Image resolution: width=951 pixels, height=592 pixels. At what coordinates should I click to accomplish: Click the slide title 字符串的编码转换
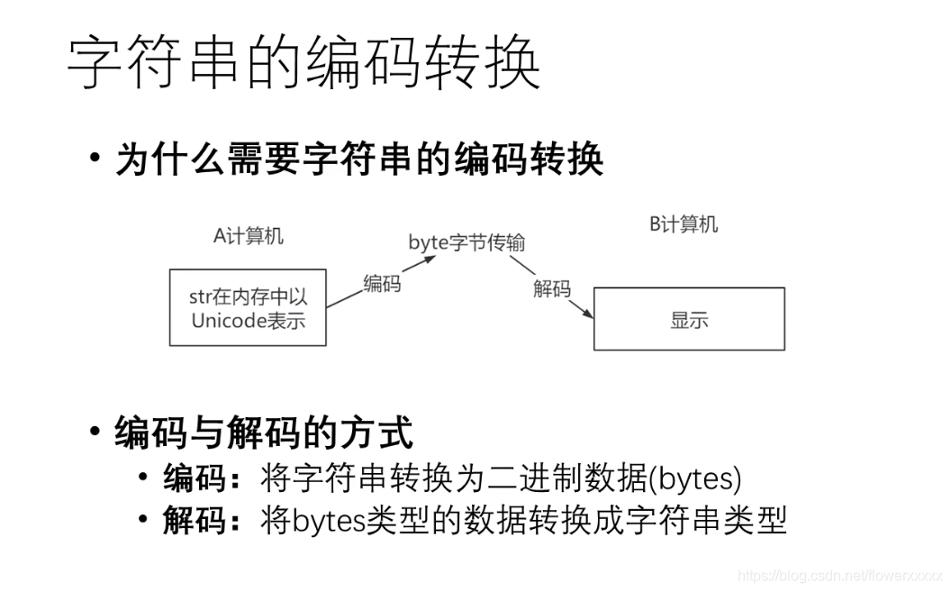point(304,62)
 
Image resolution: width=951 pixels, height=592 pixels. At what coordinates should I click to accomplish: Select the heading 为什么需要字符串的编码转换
point(359,159)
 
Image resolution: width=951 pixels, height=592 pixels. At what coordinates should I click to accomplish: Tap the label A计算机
point(249,236)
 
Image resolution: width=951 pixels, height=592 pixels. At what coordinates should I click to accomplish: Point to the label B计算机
point(684,224)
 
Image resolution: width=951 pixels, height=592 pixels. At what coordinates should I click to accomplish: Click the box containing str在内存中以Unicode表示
point(248,307)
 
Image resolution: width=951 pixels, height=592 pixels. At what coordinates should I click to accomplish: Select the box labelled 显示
point(689,319)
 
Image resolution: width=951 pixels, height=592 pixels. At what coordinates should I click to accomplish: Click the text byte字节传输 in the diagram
point(466,242)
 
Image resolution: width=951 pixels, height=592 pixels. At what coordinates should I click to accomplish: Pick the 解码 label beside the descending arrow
point(551,288)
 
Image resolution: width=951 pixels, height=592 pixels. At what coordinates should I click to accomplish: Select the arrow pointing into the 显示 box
point(551,287)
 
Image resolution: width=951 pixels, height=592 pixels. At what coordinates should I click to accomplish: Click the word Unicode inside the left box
point(230,320)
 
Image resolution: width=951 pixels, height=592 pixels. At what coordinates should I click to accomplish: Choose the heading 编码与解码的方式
point(264,433)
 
